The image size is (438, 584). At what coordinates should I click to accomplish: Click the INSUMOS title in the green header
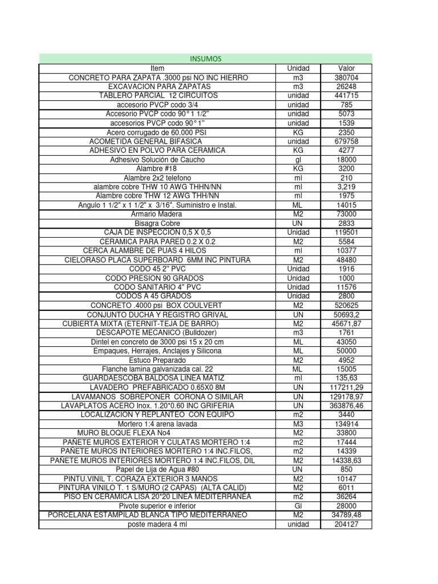[x=205, y=59]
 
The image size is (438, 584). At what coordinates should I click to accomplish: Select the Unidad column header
[x=298, y=68]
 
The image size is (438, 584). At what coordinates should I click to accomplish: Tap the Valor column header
[x=346, y=68]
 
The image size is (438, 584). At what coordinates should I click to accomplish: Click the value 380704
[x=346, y=78]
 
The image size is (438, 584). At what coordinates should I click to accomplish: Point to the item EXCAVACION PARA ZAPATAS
[x=157, y=87]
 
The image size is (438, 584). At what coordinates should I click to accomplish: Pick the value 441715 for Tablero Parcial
[x=346, y=95]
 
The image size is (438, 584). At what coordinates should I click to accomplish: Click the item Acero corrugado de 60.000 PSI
[x=157, y=132]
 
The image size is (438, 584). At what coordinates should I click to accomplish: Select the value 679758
[x=346, y=141]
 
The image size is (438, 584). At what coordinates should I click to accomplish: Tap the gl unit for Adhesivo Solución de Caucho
[x=298, y=160]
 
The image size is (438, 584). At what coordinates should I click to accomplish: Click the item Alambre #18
[x=157, y=169]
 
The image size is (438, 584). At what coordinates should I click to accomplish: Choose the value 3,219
[x=346, y=187]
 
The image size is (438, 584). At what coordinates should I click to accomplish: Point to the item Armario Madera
[x=157, y=214]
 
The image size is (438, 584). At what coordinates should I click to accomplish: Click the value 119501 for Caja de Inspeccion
[x=346, y=232]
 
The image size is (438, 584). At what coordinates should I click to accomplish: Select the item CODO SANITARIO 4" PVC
[x=157, y=287]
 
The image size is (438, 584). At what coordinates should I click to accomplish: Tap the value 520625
[x=346, y=305]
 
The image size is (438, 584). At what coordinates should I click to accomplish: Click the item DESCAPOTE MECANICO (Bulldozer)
[x=157, y=332]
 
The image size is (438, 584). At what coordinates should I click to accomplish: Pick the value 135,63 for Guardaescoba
[x=346, y=378]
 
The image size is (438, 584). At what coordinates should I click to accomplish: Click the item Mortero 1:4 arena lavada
[x=157, y=424]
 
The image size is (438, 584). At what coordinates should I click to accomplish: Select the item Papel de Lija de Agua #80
[x=157, y=469]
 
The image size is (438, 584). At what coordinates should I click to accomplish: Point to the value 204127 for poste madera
[x=346, y=524]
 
